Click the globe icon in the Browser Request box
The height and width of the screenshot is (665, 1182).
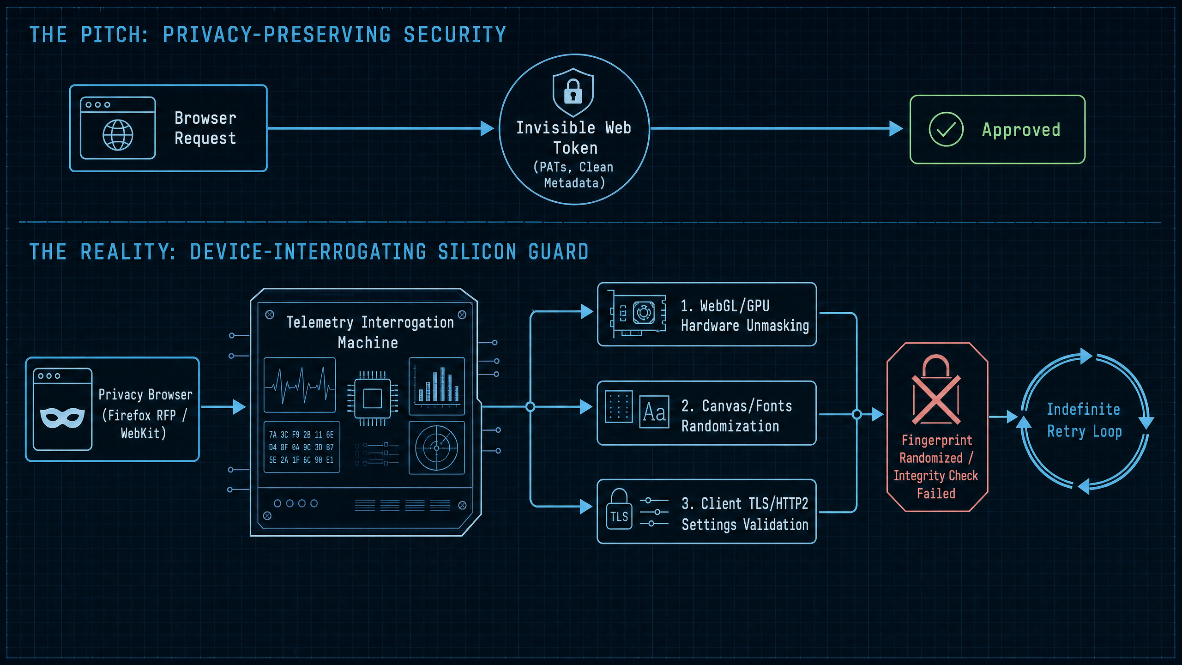(x=118, y=135)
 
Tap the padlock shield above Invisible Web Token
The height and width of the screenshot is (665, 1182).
(x=573, y=92)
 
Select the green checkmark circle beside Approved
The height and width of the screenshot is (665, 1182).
(x=946, y=129)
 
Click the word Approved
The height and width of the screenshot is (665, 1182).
(x=1021, y=130)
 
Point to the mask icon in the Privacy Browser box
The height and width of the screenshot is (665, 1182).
(x=62, y=417)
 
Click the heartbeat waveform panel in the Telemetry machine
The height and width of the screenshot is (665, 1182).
(x=300, y=385)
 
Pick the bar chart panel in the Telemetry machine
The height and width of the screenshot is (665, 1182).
(x=437, y=386)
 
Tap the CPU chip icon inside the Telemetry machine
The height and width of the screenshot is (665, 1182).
(x=372, y=398)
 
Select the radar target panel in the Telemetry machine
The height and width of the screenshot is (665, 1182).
(x=437, y=447)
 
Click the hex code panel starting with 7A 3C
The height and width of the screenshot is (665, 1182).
(x=302, y=447)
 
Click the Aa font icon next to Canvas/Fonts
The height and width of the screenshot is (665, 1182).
(x=654, y=412)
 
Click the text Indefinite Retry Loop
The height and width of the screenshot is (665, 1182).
(x=1084, y=420)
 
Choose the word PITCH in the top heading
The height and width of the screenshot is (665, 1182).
(x=114, y=35)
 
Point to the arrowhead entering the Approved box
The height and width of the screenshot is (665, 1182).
(x=896, y=128)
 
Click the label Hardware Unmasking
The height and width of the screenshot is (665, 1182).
(x=745, y=326)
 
